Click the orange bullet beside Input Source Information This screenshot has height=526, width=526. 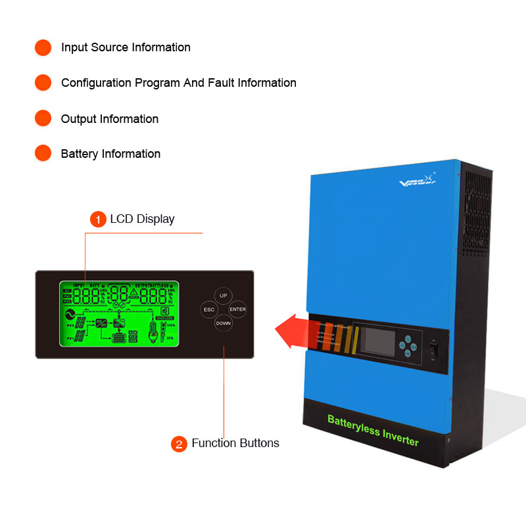click(x=43, y=47)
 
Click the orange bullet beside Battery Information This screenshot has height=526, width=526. click(x=43, y=154)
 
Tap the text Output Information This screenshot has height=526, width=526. click(x=110, y=119)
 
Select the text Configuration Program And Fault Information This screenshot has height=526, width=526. click(x=179, y=83)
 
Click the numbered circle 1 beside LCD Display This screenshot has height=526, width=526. click(x=97, y=220)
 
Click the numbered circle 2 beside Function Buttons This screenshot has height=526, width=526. click(x=179, y=444)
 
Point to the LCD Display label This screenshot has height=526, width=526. click(x=142, y=219)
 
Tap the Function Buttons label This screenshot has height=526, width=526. click(x=235, y=443)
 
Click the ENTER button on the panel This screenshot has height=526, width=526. click(x=237, y=310)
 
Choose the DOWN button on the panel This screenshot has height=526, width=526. click(x=224, y=323)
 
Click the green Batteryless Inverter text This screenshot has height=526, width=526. click(x=373, y=430)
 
